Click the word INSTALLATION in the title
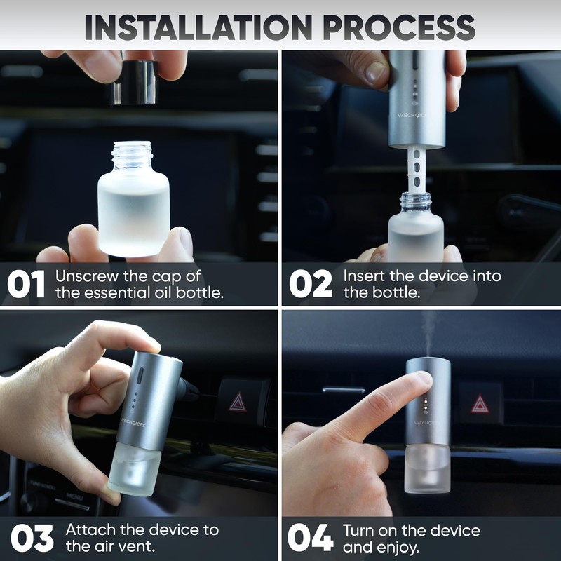198,27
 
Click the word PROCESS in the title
399,27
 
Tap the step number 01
26,284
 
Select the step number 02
311,284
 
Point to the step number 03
32,538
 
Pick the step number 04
310,538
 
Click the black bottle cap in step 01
134,82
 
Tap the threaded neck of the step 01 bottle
132,155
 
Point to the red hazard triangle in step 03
238,402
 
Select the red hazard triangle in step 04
480,404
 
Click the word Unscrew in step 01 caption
87,276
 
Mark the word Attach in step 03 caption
90,530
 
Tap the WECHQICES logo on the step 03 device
133,422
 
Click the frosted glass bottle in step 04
427,468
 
